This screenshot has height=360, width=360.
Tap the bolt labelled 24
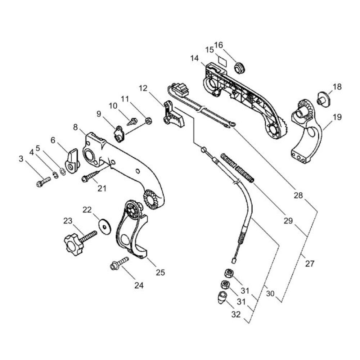coord(120,263)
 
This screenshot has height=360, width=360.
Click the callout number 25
coord(160,272)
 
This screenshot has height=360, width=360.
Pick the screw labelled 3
coord(44,181)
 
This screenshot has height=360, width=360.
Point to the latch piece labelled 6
coord(72,161)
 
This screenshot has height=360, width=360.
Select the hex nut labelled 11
coord(148,120)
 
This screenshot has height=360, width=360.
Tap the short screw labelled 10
coord(132,121)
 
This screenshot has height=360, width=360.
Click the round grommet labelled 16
coord(239,68)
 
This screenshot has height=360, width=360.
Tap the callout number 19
coord(337,117)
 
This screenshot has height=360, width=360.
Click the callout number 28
coord(298,195)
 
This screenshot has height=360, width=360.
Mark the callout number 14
coord(194,58)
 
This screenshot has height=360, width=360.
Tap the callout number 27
coord(310,264)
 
